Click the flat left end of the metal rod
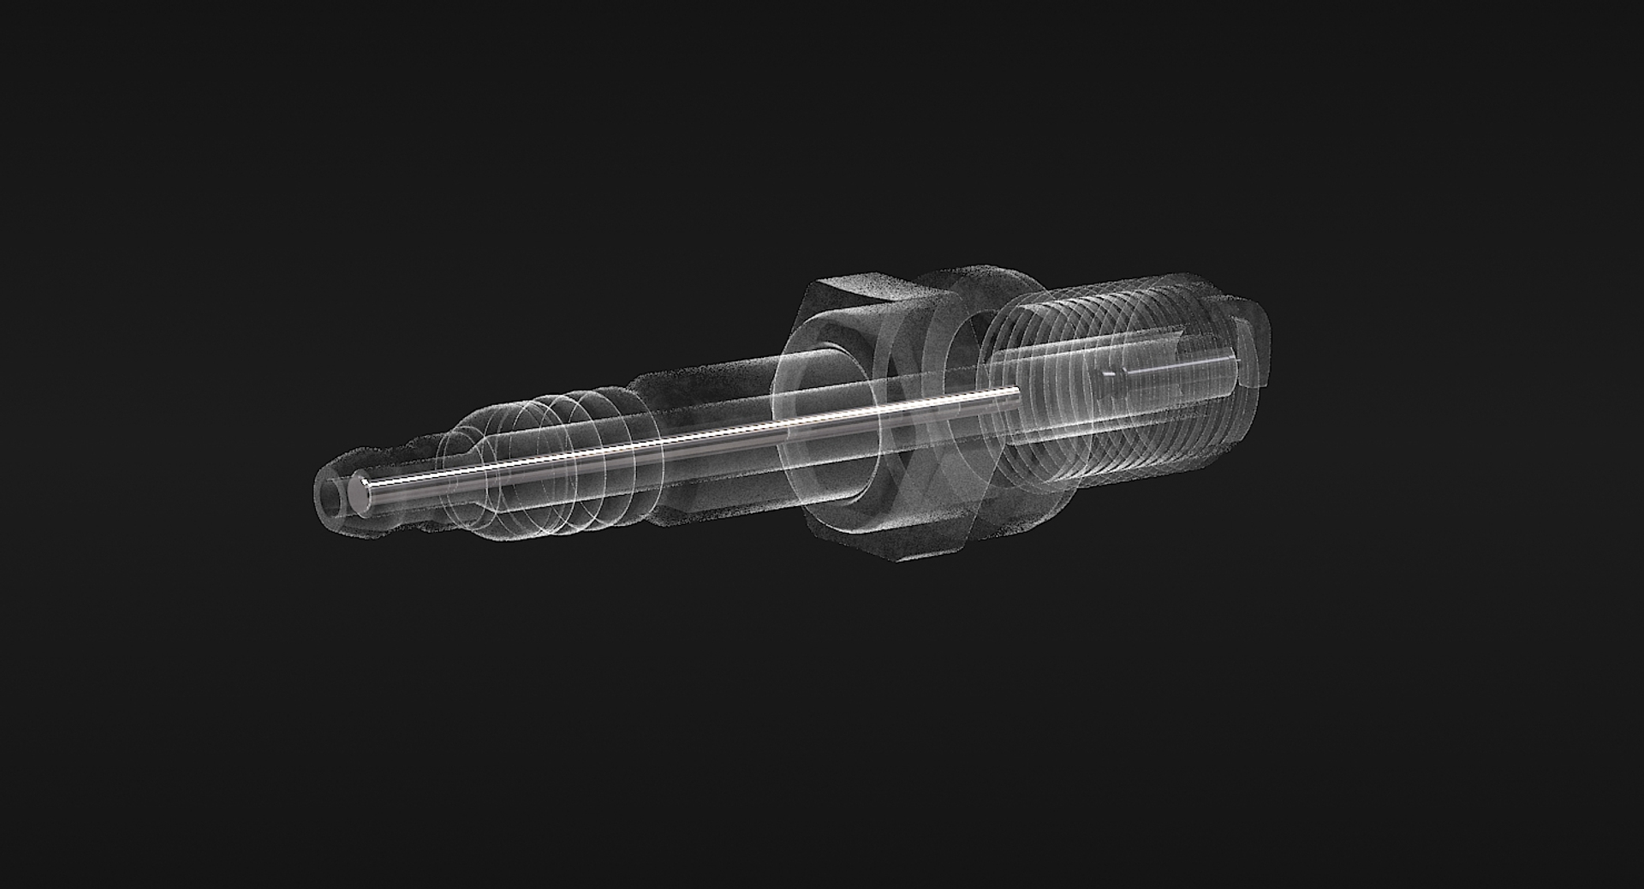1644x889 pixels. pos(360,496)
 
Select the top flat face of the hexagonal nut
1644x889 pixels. pos(873,290)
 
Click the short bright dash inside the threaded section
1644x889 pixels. pos(1111,374)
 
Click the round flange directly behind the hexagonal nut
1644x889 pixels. pos(985,411)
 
